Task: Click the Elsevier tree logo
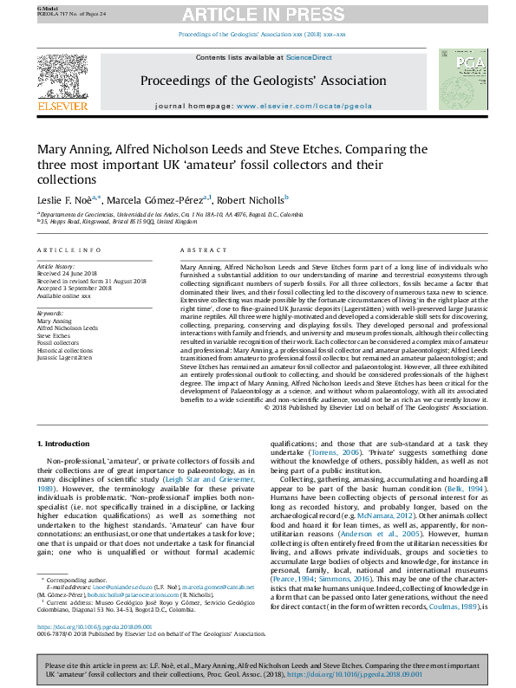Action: (62, 83)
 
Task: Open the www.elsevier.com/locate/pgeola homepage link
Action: (294, 105)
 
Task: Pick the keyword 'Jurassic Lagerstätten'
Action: (66, 357)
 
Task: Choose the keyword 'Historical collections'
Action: (66, 350)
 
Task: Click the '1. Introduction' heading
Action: (67, 444)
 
